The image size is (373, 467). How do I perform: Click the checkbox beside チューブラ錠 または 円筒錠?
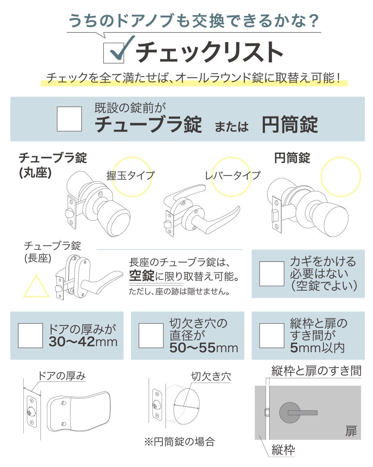point(69,119)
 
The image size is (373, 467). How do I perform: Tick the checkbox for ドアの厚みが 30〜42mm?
point(31,335)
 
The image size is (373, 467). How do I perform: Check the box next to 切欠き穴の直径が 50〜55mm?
point(151,335)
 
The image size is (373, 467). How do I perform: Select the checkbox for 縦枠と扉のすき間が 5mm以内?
point(271,335)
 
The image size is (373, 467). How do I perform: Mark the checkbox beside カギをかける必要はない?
point(271,274)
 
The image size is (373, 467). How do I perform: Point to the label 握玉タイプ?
point(131,176)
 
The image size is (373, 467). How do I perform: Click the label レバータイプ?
point(233,176)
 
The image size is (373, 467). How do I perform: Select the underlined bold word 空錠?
point(142,276)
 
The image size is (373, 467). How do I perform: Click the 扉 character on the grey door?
point(351,431)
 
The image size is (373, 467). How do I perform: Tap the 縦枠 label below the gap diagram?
point(283,450)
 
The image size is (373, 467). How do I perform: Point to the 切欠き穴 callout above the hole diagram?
point(211,376)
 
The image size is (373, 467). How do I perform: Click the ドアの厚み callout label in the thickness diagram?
point(62,376)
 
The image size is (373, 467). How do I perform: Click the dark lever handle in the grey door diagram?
point(302,412)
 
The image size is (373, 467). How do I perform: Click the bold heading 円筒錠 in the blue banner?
point(289,125)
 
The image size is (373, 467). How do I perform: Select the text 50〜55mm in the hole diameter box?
point(204,347)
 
